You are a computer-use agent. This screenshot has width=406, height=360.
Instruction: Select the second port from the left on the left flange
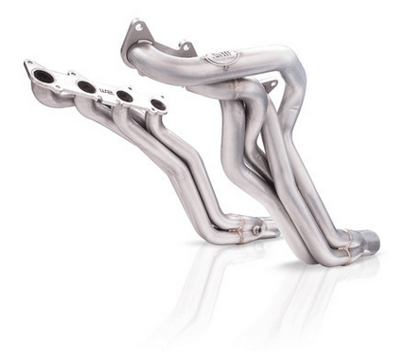click(x=86, y=86)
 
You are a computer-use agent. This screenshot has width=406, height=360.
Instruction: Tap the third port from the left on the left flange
click(x=124, y=96)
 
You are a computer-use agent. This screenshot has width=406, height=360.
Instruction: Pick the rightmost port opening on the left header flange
click(x=157, y=104)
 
